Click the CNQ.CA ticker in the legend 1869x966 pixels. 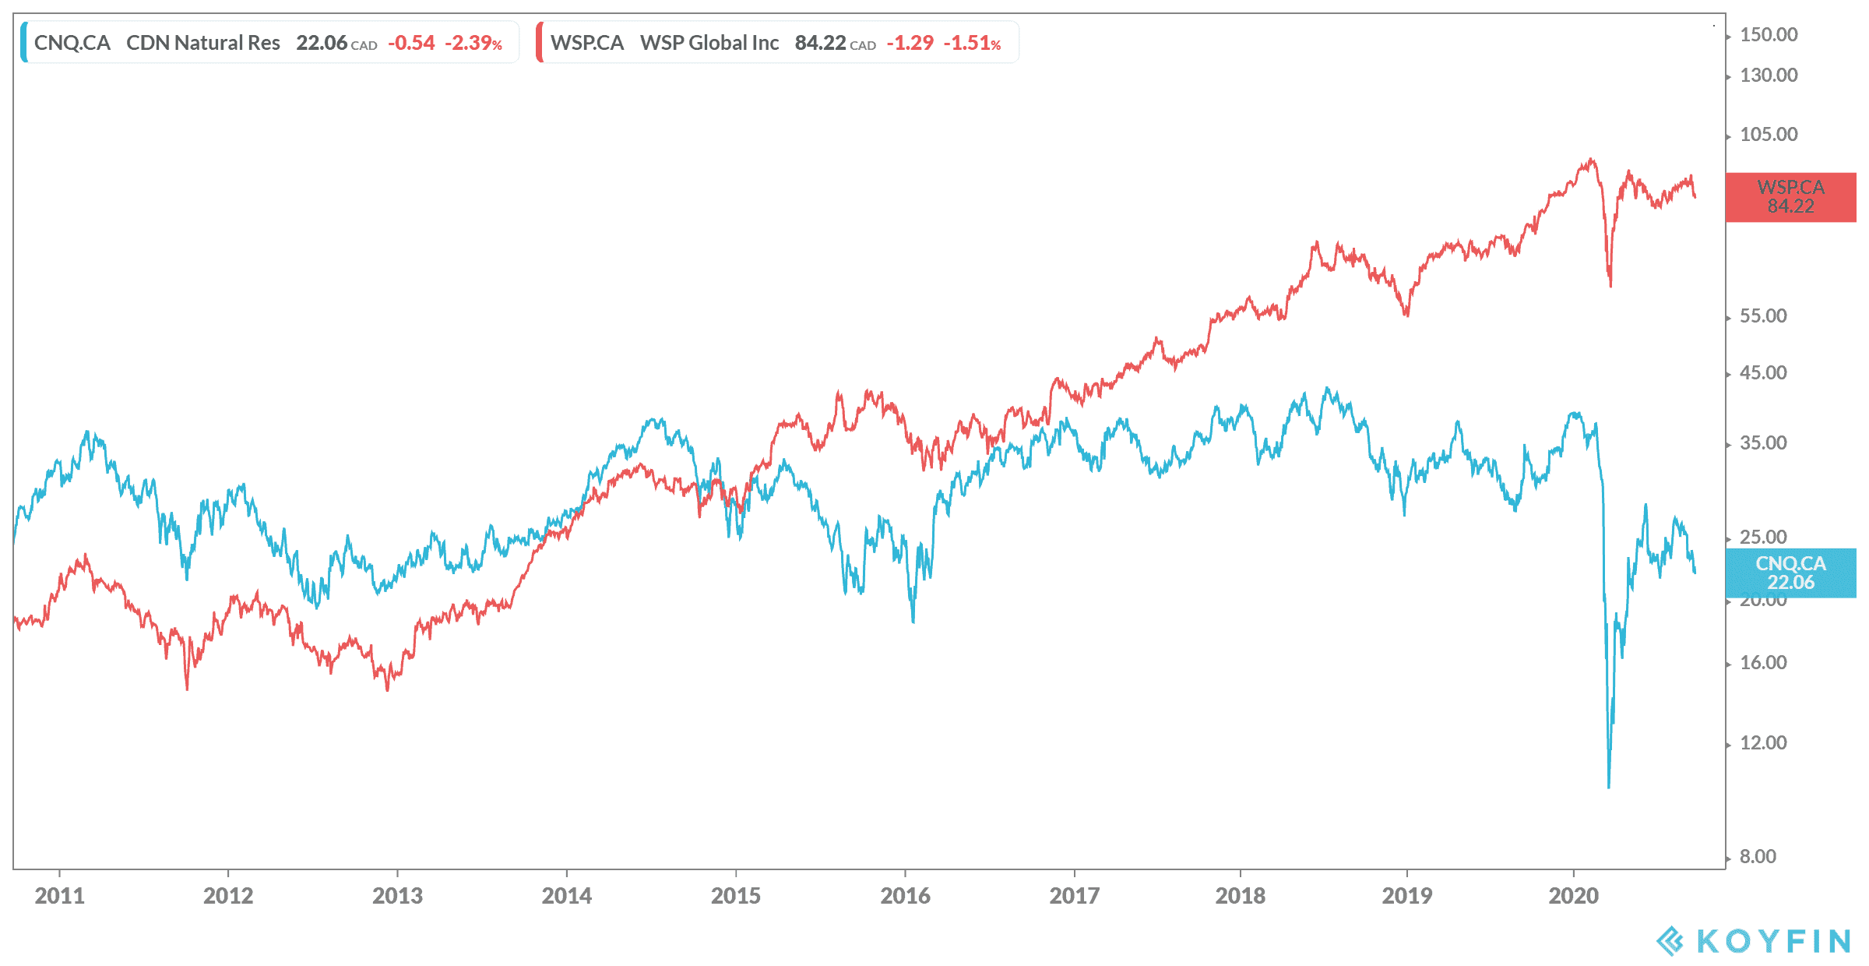(72, 43)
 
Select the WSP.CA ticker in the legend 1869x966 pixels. (587, 43)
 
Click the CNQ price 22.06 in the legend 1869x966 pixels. (321, 43)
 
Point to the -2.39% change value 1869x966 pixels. (473, 43)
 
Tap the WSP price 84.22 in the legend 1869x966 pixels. (820, 43)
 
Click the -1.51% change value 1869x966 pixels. (972, 43)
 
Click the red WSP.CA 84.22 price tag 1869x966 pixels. (1790, 197)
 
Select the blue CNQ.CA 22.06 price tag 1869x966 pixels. (1790, 573)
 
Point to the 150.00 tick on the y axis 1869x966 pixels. (1769, 35)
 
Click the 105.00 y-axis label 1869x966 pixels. (1769, 135)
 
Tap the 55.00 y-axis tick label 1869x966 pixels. (1763, 316)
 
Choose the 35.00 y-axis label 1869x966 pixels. (1763, 443)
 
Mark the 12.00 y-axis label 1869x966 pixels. (1763, 743)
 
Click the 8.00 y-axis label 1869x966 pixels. (1758, 857)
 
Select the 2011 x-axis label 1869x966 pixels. (59, 896)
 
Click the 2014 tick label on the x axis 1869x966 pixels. (566, 896)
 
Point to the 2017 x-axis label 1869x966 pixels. (1074, 896)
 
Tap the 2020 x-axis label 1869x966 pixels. (1573, 896)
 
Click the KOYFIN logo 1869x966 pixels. (1753, 941)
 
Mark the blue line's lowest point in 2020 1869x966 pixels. (1609, 787)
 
